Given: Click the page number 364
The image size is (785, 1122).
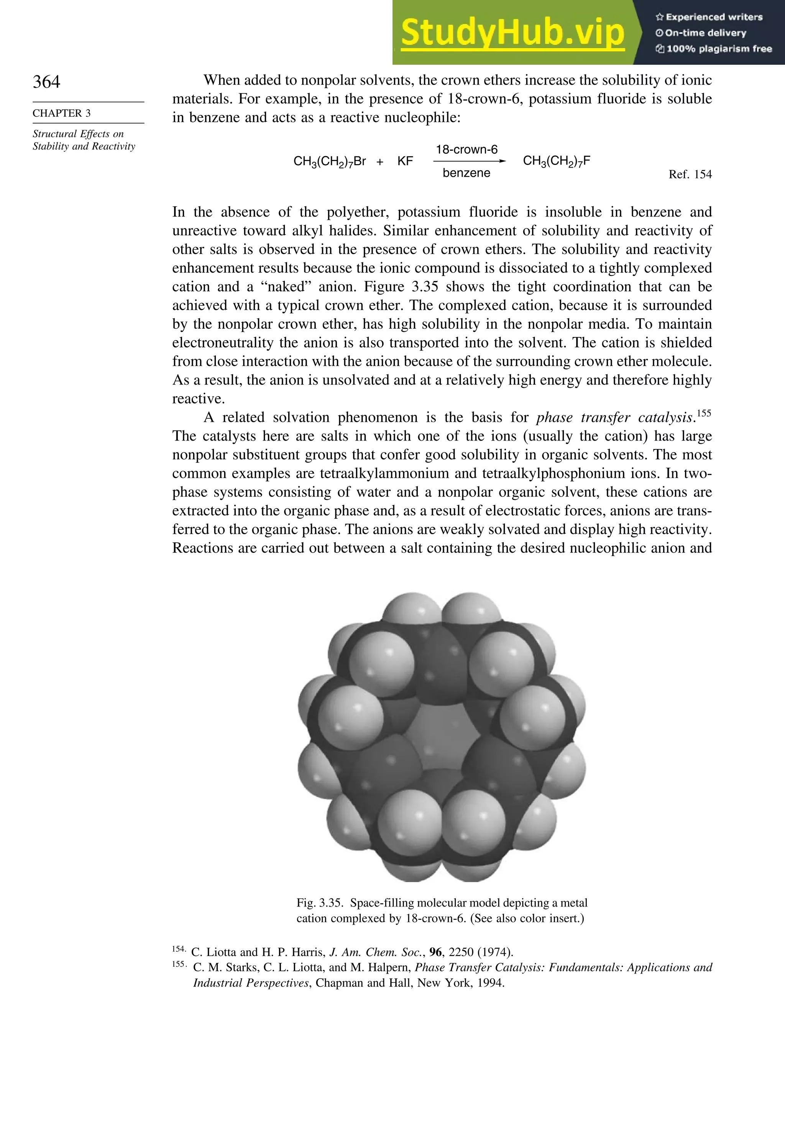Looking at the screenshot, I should pos(46,82).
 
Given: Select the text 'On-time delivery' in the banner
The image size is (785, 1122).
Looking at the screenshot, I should pos(705,33).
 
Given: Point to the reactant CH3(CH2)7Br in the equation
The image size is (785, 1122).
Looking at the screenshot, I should pos(329,161).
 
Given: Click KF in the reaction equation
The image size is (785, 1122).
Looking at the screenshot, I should pos(405,161).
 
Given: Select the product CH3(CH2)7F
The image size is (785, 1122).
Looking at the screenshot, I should pos(557,161).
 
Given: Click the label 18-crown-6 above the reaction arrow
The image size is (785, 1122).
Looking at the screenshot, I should pos(466,150).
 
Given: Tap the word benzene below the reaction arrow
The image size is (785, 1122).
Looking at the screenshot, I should pos(466,173).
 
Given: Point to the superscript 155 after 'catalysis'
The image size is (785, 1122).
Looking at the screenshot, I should pos(704,413).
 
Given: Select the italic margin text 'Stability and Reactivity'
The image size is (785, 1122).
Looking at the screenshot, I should pos(84,146).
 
